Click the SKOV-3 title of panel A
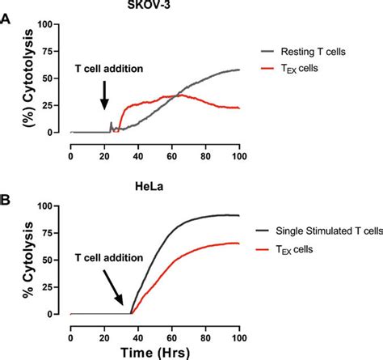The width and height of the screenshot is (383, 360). [154, 8]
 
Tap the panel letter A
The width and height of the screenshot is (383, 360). [6, 22]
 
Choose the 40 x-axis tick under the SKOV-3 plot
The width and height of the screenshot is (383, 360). [138, 146]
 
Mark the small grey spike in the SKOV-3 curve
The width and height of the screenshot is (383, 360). [112, 124]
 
